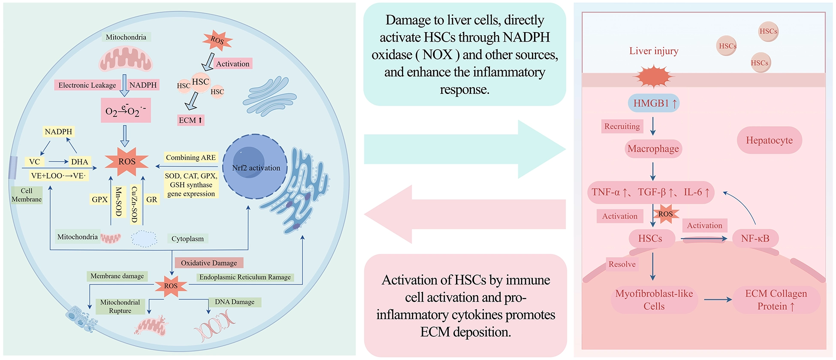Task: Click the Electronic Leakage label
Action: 87,85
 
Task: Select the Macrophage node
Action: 653,149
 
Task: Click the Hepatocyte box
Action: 769,140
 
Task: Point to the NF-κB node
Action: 755,239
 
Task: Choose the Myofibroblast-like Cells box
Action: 654,300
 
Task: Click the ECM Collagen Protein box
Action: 776,300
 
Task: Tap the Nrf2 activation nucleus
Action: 256,167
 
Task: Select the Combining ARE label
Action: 191,157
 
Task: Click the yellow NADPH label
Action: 58,131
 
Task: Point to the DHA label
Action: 80,162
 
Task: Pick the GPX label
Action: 100,199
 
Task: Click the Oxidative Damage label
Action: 209,263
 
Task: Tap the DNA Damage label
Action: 235,302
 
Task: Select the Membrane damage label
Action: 117,276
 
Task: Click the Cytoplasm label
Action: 187,239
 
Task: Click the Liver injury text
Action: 654,51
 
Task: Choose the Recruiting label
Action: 622,126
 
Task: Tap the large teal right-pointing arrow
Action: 463,149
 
